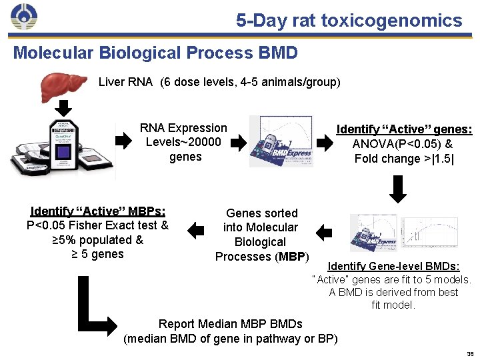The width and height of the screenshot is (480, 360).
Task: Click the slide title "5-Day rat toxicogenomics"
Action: (x=349, y=20)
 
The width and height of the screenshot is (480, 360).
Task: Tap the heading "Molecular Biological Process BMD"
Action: (x=155, y=53)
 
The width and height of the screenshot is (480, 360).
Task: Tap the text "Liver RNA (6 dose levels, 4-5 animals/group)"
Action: (x=219, y=83)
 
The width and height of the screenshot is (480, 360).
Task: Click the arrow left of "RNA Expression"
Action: (x=124, y=141)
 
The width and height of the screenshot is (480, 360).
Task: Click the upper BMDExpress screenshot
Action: (x=281, y=141)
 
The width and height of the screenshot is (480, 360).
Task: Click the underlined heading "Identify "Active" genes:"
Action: (x=404, y=129)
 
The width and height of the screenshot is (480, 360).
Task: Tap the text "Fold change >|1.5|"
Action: (x=404, y=159)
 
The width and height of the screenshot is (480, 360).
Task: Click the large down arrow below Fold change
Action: (x=397, y=189)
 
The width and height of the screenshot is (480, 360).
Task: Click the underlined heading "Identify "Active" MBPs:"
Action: (x=98, y=211)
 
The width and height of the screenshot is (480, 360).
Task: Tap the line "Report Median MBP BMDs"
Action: (x=230, y=324)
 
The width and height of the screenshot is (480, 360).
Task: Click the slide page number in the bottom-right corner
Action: (x=469, y=354)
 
